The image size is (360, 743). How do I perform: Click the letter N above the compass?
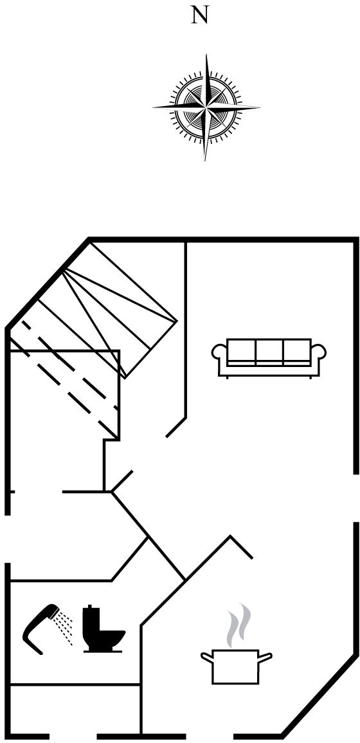[199, 16]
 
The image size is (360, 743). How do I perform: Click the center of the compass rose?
[206, 108]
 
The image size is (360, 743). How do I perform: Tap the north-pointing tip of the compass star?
[206, 55]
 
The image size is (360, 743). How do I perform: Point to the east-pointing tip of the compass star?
[259, 108]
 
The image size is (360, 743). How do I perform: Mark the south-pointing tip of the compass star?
[205, 161]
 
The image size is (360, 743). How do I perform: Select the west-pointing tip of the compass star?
[153, 108]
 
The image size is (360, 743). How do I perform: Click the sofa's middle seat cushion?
[269, 352]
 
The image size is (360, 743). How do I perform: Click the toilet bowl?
[107, 640]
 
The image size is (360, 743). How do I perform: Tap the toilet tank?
[91, 621]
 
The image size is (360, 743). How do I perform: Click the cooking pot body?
[235, 667]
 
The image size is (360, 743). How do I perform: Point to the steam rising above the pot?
[239, 625]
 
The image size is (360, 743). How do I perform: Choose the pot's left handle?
[207, 657]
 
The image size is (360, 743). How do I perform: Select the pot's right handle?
[265, 657]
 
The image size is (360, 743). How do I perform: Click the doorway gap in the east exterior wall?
[355, 498]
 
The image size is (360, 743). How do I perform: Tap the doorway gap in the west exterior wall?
[8, 539]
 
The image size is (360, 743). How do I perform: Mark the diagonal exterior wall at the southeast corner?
[319, 695]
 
